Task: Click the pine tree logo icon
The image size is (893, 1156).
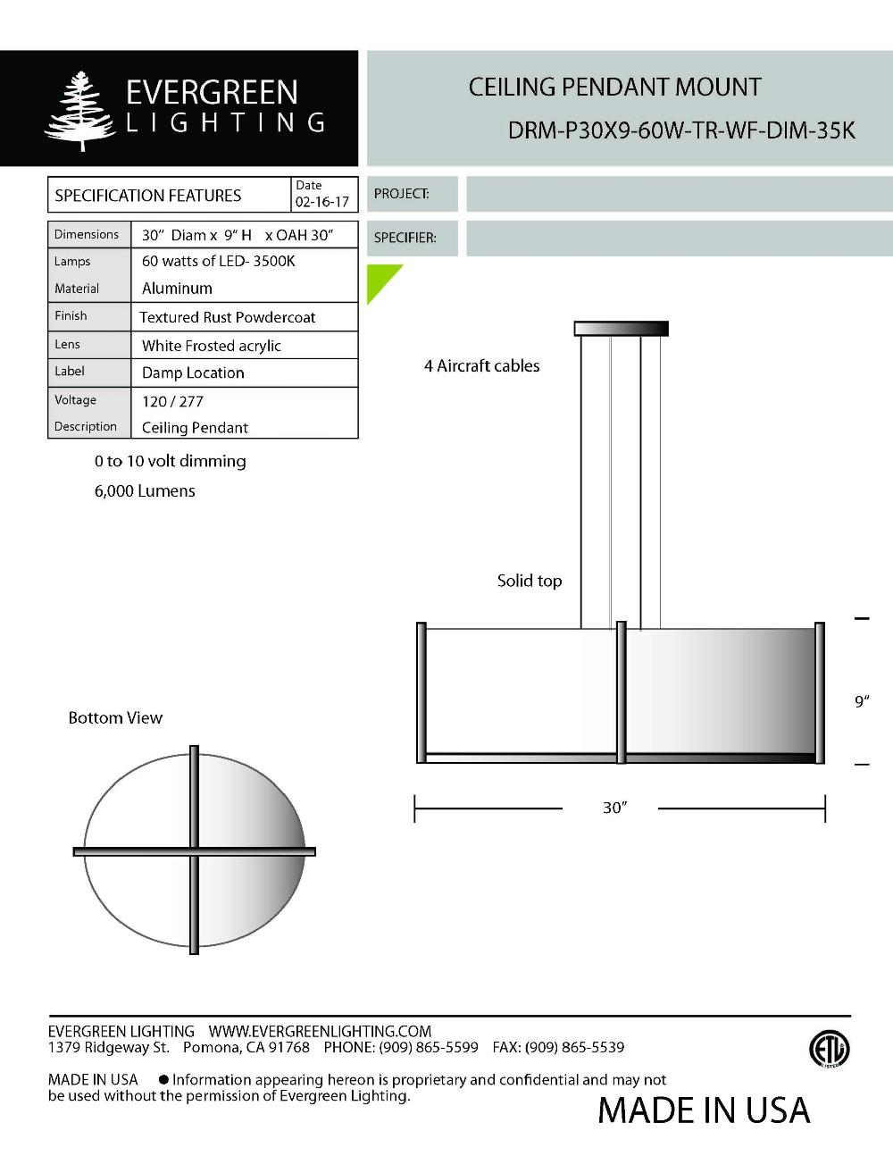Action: (80, 110)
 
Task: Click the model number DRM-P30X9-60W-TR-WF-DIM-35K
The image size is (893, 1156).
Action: (681, 130)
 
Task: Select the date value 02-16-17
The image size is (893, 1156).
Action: (322, 202)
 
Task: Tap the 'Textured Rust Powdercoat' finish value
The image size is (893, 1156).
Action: (228, 317)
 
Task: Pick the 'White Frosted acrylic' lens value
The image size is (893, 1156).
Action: (212, 346)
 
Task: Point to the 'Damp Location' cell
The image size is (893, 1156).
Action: (193, 373)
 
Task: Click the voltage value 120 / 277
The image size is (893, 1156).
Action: (172, 401)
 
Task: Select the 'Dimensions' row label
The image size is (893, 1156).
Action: (87, 234)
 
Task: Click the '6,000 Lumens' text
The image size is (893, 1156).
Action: (145, 490)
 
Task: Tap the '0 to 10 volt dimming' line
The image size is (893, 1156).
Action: (170, 461)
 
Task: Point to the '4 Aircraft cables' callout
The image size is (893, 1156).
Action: (481, 365)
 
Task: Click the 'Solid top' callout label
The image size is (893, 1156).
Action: (530, 581)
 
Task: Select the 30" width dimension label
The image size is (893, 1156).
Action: (614, 808)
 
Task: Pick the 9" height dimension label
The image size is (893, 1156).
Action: (862, 701)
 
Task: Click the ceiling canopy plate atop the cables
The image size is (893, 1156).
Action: (621, 329)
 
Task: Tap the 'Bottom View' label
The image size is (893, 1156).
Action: (115, 717)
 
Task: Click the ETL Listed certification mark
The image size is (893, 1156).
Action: (829, 1049)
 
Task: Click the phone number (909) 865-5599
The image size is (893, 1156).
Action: (429, 1047)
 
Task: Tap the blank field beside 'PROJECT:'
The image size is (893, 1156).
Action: (679, 194)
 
